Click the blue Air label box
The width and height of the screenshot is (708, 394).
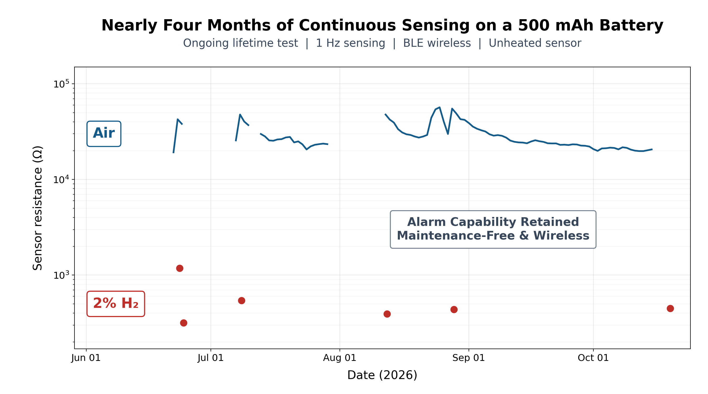pyautogui.click(x=104, y=134)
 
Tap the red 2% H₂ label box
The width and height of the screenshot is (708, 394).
pyautogui.click(x=116, y=304)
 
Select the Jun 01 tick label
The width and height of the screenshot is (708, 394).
pyautogui.click(x=86, y=358)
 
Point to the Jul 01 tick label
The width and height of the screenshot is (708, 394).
pyautogui.click(x=211, y=358)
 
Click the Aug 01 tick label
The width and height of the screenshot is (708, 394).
pyautogui.click(x=340, y=358)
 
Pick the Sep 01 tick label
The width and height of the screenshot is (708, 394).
pyautogui.click(x=469, y=358)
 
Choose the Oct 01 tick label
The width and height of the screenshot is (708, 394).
pyautogui.click(x=593, y=358)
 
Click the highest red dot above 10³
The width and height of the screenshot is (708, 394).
pyautogui.click(x=180, y=268)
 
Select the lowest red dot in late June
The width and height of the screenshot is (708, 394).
pyautogui.click(x=184, y=323)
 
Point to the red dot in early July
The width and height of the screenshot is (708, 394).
pyautogui.click(x=242, y=301)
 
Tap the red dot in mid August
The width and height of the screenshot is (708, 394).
pyautogui.click(x=387, y=314)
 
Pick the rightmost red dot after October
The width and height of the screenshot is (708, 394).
pyautogui.click(x=670, y=308)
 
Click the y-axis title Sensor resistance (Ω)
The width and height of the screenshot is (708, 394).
pyautogui.click(x=38, y=208)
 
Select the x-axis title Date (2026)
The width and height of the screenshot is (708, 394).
pyautogui.click(x=382, y=375)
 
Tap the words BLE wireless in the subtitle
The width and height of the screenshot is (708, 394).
pyautogui.click(x=437, y=43)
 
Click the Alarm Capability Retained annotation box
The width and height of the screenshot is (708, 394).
pyautogui.click(x=493, y=229)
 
